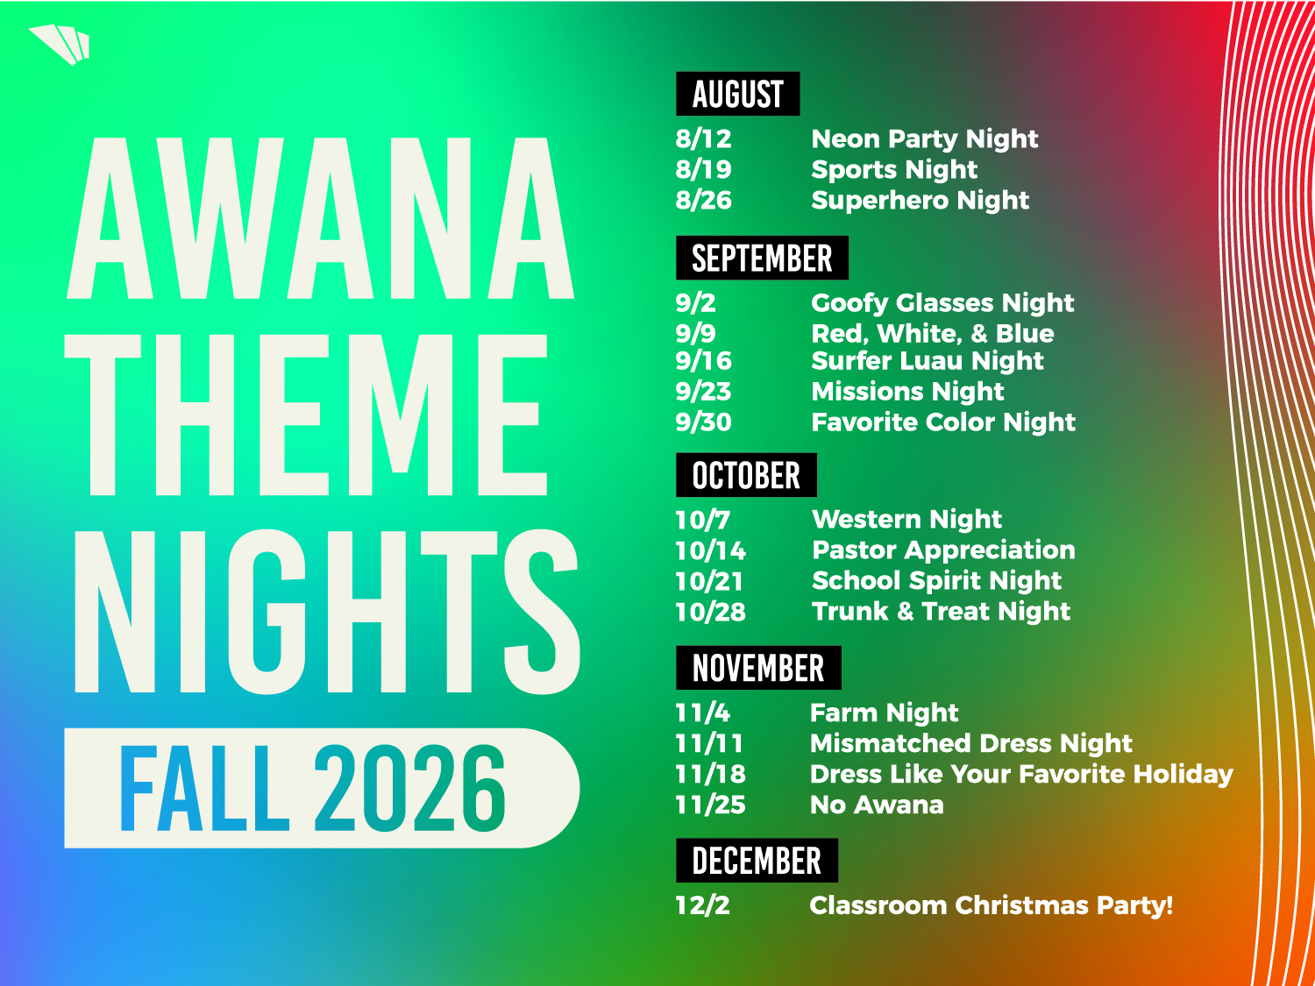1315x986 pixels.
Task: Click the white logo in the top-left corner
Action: tap(60, 44)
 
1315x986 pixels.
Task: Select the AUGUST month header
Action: tap(737, 94)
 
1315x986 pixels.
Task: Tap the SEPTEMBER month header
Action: tap(762, 258)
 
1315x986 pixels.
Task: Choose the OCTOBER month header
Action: tap(746, 475)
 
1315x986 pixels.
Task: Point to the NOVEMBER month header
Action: tap(758, 668)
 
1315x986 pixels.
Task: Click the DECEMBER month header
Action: tap(757, 861)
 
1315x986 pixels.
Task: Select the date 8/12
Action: tap(703, 138)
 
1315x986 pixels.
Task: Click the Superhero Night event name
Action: tap(920, 201)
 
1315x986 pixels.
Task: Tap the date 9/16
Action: tap(703, 361)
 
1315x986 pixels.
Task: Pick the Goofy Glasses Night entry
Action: tap(943, 303)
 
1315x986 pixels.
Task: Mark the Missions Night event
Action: tap(907, 392)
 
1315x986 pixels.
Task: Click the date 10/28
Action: tap(710, 612)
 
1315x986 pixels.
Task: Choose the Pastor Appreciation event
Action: tap(943, 550)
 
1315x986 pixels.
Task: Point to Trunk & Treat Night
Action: tap(942, 612)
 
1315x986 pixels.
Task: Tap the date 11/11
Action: tap(709, 743)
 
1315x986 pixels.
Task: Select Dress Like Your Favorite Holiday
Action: tap(1021, 774)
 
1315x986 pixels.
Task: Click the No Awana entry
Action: tap(877, 805)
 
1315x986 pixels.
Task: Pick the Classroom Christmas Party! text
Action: tap(992, 905)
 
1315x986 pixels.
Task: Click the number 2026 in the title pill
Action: tap(409, 788)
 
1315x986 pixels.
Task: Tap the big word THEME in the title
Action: tap(306, 415)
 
